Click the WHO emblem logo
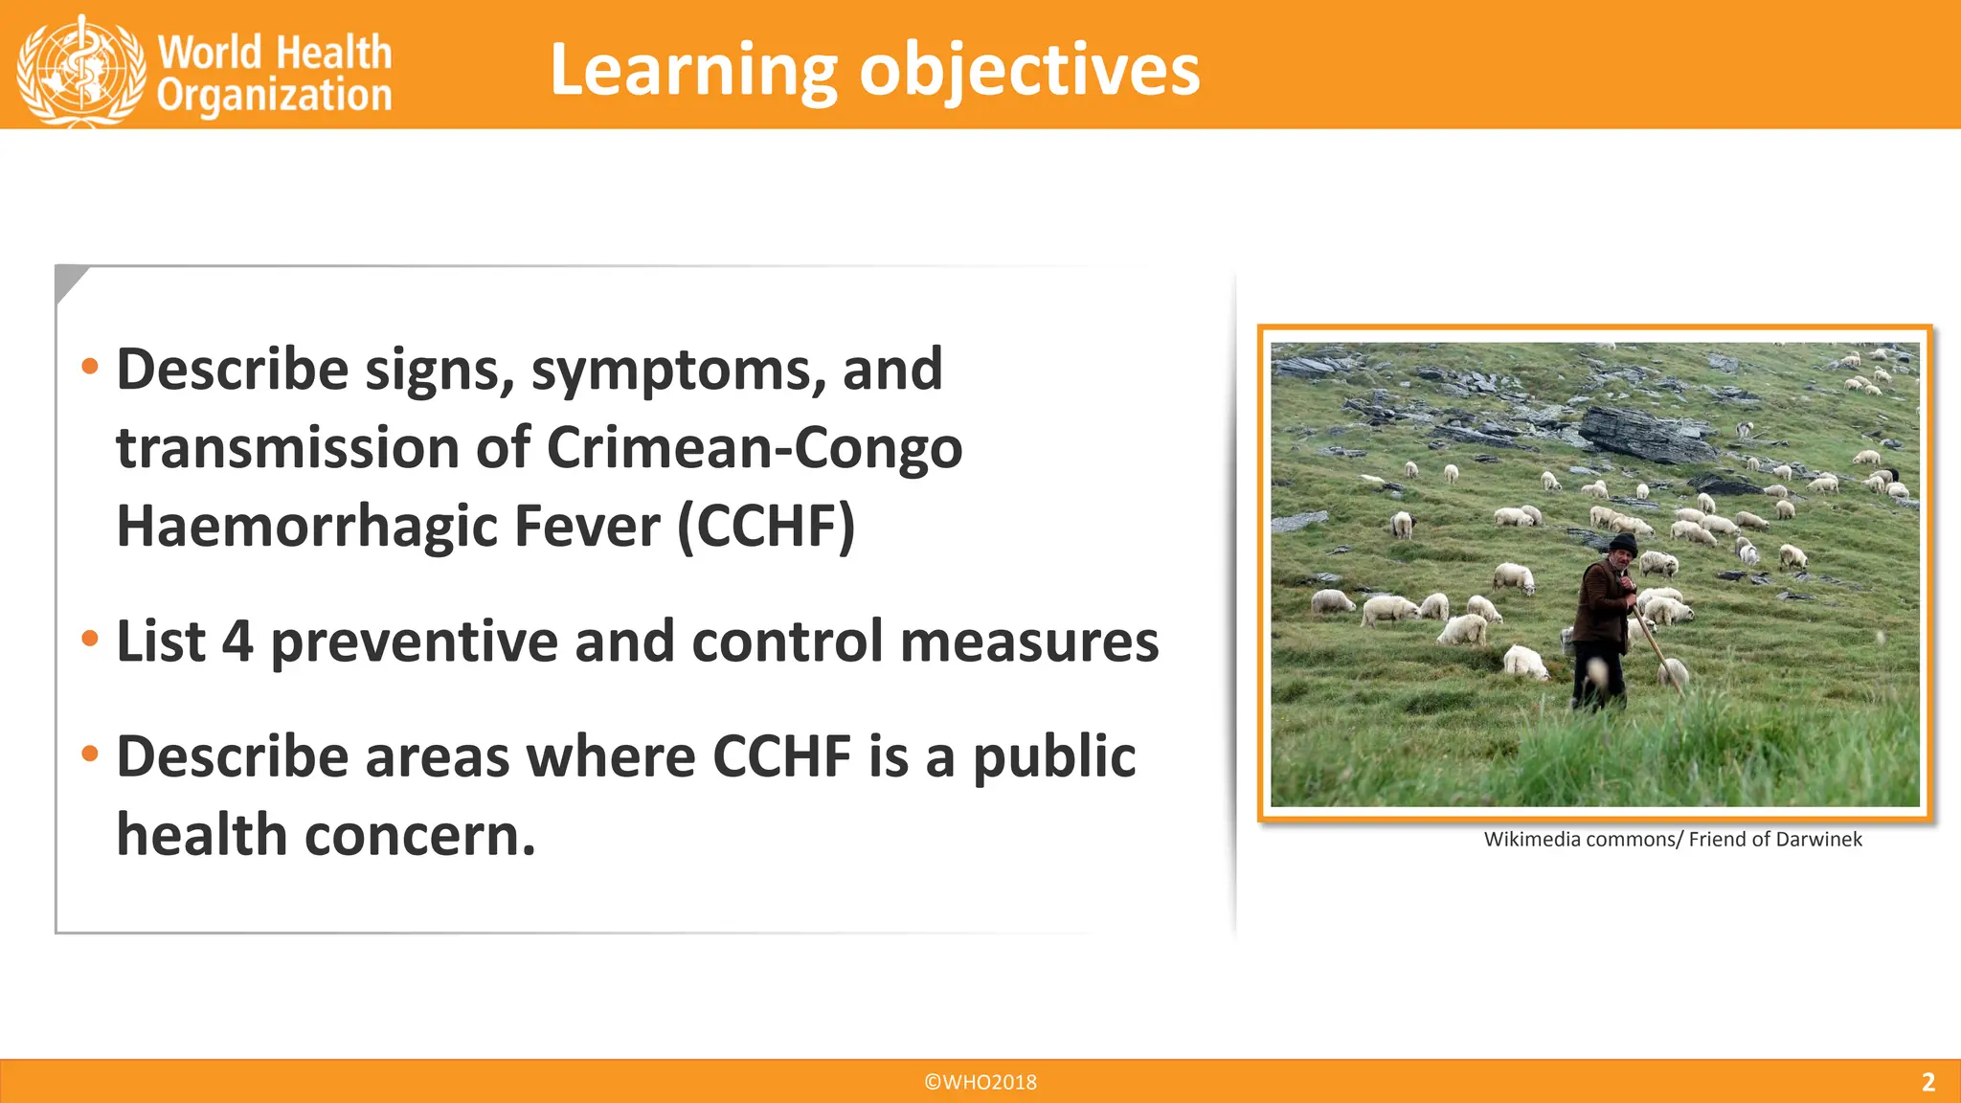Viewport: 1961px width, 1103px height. pos(81,69)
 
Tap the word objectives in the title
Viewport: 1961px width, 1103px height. pos(1029,72)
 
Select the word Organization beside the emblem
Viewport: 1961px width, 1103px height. pos(274,96)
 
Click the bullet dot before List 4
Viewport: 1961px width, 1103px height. pos(90,640)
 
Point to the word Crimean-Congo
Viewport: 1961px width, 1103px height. pos(754,447)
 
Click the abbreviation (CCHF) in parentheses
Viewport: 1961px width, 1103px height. pos(766,526)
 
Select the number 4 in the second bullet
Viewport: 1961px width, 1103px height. pos(237,642)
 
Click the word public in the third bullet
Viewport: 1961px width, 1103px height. pos(1054,757)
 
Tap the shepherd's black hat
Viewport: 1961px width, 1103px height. pos(1622,543)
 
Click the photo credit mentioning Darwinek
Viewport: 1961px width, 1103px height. pos(1673,840)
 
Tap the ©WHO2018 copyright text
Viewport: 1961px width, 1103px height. pos(980,1082)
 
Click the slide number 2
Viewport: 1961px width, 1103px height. pos(1927,1082)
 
